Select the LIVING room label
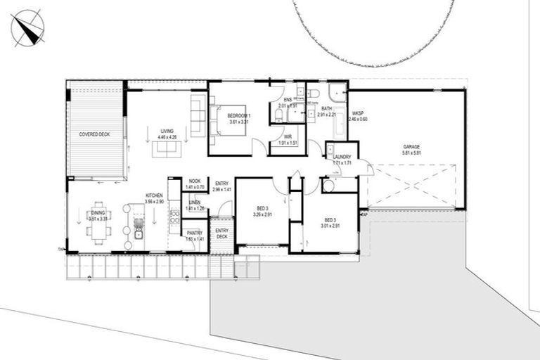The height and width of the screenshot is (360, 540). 167,131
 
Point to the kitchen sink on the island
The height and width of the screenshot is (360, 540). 139,233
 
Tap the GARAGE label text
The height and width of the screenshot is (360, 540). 411,147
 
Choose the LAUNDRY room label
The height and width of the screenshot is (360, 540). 342,157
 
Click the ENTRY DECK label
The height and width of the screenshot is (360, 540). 221,233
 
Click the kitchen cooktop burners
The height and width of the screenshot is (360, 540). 173,217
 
